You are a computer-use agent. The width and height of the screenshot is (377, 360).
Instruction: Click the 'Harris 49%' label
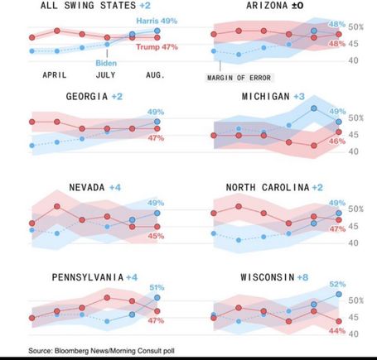(x=157, y=21)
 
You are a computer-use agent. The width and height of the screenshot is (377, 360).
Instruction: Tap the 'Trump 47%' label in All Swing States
(x=157, y=47)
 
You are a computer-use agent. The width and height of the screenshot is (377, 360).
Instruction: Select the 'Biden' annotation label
(x=106, y=63)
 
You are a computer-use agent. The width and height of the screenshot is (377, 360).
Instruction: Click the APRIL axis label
(x=55, y=75)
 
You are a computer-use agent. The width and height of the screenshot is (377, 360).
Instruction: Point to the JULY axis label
(x=105, y=75)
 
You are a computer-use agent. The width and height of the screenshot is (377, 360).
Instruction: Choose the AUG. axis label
(x=155, y=75)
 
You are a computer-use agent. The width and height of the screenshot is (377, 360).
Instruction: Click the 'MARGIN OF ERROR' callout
(x=239, y=78)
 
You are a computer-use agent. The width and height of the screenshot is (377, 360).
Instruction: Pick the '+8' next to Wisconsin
(x=302, y=277)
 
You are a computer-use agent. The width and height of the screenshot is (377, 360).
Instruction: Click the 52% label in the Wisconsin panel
(x=337, y=284)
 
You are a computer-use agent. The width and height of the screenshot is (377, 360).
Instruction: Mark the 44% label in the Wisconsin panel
(x=337, y=330)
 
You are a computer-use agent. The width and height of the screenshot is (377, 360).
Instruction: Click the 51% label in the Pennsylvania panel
(x=157, y=287)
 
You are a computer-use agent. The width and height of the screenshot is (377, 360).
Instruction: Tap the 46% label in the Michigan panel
(x=337, y=142)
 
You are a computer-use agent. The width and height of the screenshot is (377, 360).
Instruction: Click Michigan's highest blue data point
(x=314, y=108)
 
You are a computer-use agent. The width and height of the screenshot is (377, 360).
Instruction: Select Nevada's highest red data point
(x=57, y=206)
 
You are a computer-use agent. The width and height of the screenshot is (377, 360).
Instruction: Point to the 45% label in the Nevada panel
(x=156, y=236)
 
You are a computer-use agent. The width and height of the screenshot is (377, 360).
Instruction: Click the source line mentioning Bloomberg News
(x=101, y=351)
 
